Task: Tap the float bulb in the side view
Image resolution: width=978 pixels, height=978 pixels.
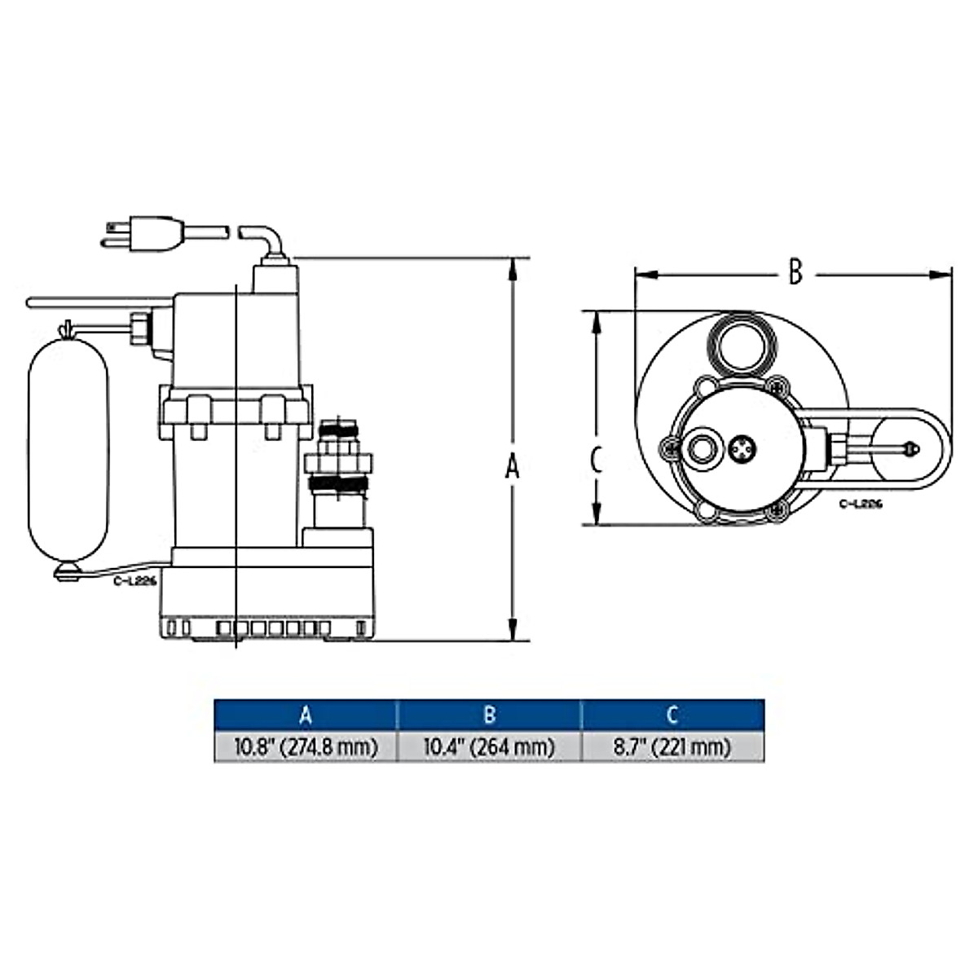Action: click(x=68, y=450)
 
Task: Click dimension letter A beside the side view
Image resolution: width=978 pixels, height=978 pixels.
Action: click(x=512, y=466)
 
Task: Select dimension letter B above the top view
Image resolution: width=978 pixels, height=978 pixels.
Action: click(x=795, y=271)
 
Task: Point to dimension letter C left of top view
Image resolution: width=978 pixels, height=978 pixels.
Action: click(x=597, y=460)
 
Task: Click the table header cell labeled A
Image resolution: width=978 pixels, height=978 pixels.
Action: click(x=306, y=716)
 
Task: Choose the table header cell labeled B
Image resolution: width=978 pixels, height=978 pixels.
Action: click(x=489, y=716)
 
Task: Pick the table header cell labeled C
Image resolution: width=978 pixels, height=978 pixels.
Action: click(x=672, y=716)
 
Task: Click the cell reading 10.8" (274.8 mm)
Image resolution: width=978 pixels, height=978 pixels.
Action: click(x=306, y=747)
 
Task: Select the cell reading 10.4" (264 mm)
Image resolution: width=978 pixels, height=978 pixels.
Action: click(x=489, y=747)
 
